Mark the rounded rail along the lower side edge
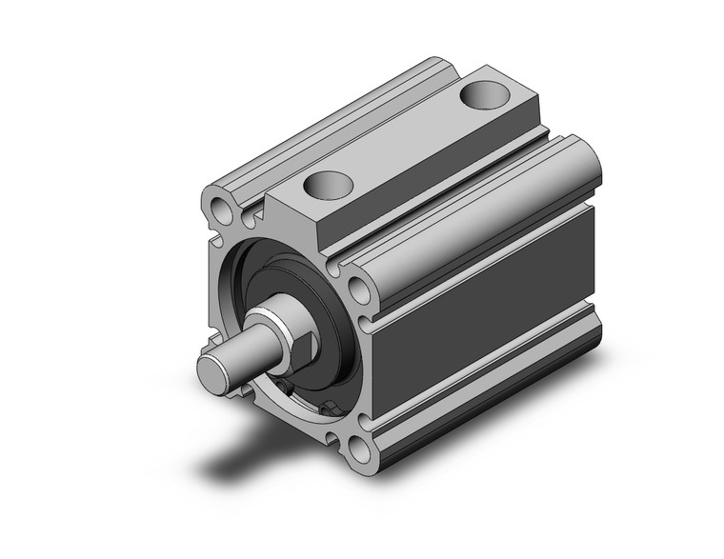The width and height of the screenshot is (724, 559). [486, 400]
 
